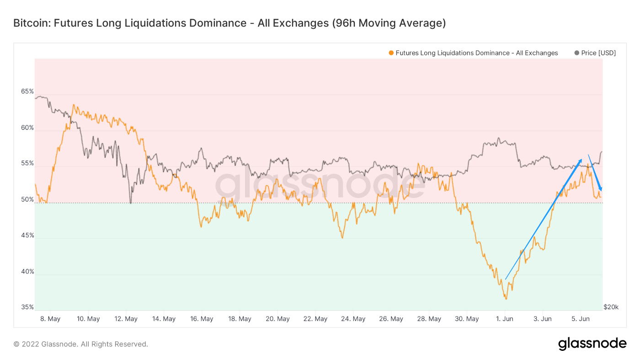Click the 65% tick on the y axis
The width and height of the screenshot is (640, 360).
coord(27,91)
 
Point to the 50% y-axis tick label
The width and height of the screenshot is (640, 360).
coord(27,199)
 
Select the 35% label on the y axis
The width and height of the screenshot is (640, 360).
coord(27,307)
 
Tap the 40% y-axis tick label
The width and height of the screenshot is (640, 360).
coord(27,272)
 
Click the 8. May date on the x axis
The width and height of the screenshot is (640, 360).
coord(50,319)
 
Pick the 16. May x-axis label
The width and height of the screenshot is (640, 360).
coord(201,319)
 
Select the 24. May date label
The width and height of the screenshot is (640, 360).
coord(352,319)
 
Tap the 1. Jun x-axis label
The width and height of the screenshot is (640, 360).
coord(505,319)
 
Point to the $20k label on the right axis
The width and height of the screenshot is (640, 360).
coord(611,307)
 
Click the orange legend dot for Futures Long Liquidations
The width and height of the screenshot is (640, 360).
coord(391,53)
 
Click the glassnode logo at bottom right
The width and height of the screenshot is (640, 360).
coord(592,344)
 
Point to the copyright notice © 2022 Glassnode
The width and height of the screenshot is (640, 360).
coord(80,344)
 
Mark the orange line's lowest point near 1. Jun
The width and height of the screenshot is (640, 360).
coord(506,299)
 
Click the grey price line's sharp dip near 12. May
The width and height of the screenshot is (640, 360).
coord(131,203)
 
